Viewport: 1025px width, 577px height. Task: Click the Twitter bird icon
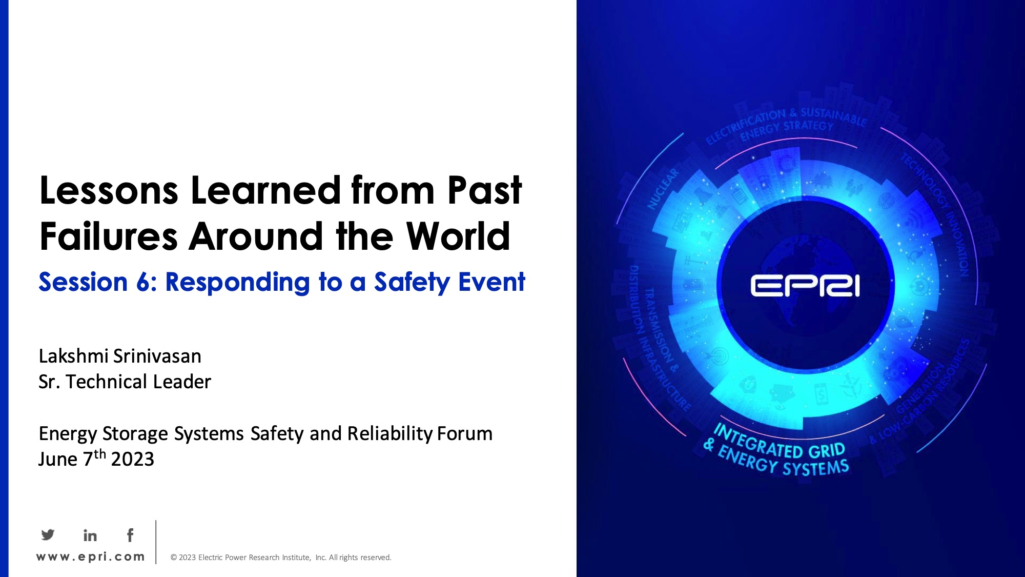pos(48,535)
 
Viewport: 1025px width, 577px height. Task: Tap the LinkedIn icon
pos(90,535)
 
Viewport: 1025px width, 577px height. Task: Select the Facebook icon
pos(130,535)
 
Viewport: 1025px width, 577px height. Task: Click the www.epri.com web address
pos(90,557)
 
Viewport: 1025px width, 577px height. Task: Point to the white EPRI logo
pos(805,286)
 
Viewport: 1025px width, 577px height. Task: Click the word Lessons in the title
pos(109,191)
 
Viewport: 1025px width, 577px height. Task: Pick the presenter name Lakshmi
pos(73,356)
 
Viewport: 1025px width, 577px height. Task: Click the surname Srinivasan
pos(157,356)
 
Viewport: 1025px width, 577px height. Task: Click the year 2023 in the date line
pos(132,460)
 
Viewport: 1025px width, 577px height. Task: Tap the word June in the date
pos(58,460)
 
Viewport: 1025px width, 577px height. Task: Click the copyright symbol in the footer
pos(174,558)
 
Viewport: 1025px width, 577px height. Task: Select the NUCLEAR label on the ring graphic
pos(663,189)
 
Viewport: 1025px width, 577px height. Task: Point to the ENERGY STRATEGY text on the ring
pos(787,130)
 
